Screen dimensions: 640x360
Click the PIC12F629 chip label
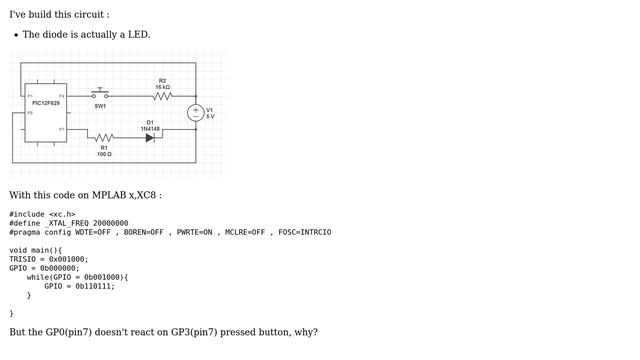[46, 103]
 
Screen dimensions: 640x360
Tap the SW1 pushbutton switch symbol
[100, 94]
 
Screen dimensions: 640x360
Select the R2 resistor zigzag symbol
[163, 96]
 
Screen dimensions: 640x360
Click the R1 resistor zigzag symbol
[104, 137]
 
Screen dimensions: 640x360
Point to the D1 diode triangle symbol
[149, 137]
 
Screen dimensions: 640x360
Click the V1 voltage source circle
[196, 113]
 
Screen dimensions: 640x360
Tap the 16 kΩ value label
[163, 87]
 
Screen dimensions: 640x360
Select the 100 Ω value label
[104, 154]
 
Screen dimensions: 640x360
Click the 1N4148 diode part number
[150, 128]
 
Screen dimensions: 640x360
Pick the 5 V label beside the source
[210, 117]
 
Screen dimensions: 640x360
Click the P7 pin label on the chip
[61, 129]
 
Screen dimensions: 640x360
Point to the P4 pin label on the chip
[61, 96]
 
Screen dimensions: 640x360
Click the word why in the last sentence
[305, 332]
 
